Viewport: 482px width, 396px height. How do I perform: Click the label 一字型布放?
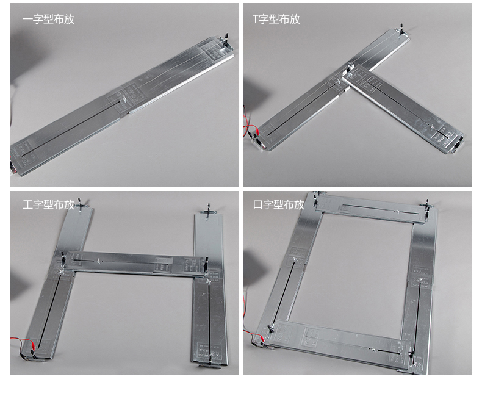click(48, 19)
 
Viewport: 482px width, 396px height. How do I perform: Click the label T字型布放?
click(276, 19)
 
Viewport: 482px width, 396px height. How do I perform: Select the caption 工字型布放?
click(48, 204)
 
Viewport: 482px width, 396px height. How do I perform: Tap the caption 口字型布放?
click(279, 204)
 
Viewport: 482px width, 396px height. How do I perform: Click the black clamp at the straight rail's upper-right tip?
click(226, 41)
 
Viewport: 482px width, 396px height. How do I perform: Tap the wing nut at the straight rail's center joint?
click(124, 99)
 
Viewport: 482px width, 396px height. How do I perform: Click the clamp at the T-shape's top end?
click(401, 29)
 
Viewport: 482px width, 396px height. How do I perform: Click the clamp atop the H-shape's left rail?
click(81, 204)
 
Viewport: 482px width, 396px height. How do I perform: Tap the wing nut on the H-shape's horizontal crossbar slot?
click(98, 261)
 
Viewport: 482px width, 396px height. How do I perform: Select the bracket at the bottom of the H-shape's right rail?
click(210, 363)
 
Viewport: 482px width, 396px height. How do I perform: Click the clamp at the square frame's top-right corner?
click(427, 207)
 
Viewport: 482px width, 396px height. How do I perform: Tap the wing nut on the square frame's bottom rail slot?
click(372, 349)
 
